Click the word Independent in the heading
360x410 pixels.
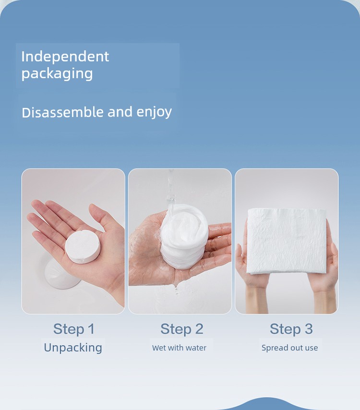[65, 57]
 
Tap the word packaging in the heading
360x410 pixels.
[57, 73]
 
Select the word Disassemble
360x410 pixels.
[62, 112]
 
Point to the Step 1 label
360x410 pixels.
[74, 329]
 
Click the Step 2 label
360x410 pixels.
[182, 329]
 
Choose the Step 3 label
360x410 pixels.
[291, 329]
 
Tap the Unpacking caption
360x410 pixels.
[73, 348]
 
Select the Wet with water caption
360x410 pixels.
[180, 348]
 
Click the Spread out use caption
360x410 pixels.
[290, 348]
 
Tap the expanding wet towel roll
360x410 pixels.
[184, 236]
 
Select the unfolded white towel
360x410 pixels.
[287, 241]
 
